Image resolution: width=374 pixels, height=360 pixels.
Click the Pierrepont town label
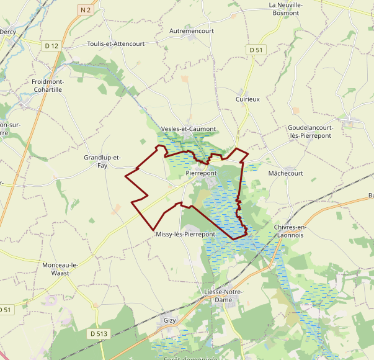[200, 174]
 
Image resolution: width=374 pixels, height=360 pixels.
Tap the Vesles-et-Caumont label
[188, 129]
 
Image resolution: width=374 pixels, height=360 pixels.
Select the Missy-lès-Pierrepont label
[185, 234]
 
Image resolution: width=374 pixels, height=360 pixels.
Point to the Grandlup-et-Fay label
[102, 161]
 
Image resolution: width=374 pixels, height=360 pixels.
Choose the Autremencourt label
[191, 30]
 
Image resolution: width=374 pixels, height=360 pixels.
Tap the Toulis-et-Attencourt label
[115, 44]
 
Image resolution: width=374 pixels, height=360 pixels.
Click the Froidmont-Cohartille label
[48, 86]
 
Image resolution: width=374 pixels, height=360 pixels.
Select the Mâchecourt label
[285, 173]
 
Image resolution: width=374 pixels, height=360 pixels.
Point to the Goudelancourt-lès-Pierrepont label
[311, 132]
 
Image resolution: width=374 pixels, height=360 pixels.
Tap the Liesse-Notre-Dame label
[223, 295]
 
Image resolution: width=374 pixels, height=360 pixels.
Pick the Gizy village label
[169, 320]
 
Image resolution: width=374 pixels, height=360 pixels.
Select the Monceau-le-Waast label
[60, 269]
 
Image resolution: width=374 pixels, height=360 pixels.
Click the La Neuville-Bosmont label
[285, 9]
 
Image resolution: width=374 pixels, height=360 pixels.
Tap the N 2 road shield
[86, 9]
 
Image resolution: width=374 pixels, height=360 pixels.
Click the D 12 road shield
[51, 46]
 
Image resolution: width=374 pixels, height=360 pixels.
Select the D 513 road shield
[99, 334]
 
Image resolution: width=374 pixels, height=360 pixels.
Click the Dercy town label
[7, 31]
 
